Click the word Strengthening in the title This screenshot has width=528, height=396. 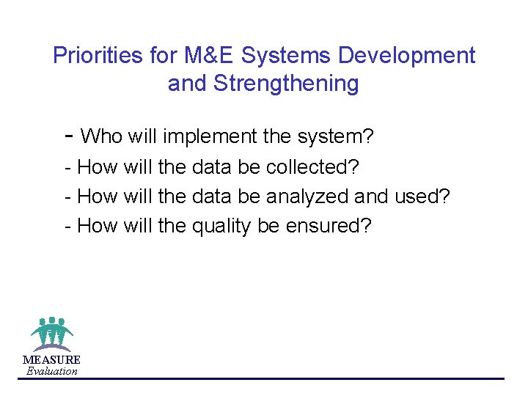coord(285,84)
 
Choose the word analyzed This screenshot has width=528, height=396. coord(307,197)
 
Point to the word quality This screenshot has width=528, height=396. coord(222,226)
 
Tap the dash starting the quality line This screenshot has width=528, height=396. coord(68,227)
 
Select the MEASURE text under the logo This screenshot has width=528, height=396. coord(51,360)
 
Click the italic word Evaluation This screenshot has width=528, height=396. coord(51,371)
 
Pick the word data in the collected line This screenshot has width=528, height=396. coord(212,167)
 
